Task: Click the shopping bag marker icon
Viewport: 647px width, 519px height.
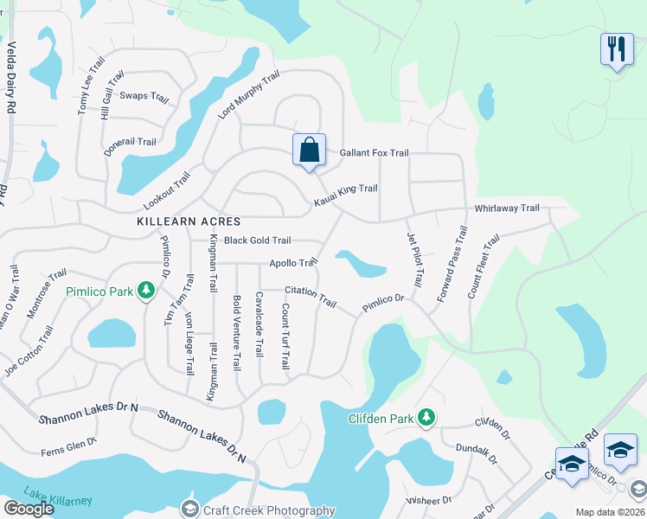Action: (x=309, y=151)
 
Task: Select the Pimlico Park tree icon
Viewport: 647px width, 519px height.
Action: (x=147, y=291)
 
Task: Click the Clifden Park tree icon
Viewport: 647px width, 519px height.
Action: (x=426, y=419)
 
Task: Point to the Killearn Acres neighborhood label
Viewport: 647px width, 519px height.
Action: (x=189, y=221)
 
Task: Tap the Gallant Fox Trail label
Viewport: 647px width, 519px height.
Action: (x=374, y=153)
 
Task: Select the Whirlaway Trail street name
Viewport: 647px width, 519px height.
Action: (x=507, y=208)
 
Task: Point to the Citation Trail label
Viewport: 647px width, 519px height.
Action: (x=310, y=296)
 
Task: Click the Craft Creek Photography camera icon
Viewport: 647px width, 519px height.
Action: (x=190, y=510)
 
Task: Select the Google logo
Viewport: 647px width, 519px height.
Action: (x=29, y=509)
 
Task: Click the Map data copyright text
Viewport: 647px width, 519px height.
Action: (x=610, y=512)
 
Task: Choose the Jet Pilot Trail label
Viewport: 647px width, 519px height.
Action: (x=416, y=259)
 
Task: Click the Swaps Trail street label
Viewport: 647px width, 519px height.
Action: (x=144, y=96)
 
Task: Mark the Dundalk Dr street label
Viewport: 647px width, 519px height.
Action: (x=476, y=455)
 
